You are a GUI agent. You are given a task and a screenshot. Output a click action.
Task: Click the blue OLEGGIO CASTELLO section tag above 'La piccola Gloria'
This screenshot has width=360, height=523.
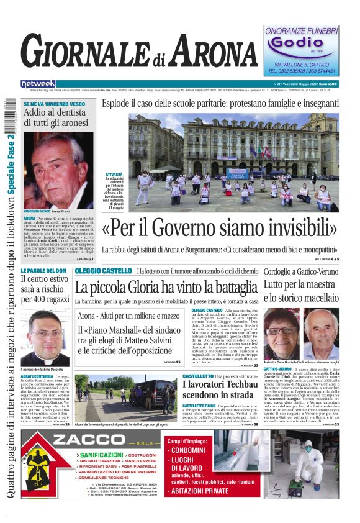[103, 271]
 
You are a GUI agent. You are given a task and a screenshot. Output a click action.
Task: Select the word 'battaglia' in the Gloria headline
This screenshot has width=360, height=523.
[223, 287]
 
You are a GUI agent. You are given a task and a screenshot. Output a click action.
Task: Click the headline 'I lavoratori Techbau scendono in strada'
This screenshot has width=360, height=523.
[220, 389]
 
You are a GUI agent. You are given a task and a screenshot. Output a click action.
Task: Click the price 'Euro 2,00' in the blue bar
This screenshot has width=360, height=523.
[341, 84]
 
